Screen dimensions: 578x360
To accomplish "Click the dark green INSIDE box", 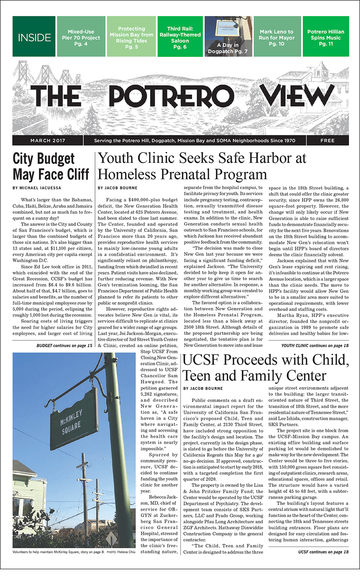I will pyautogui.click(x=34, y=37).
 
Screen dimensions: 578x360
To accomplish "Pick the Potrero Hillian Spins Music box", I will pyautogui.click(x=325, y=37).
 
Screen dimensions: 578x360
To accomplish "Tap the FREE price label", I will pyautogui.click(x=327, y=141).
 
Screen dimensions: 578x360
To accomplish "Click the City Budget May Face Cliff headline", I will pyautogui.click(x=50, y=166).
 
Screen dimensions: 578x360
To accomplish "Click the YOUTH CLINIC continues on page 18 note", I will pyautogui.click(x=315, y=346).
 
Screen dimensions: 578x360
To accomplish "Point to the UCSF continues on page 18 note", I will pyautogui.click(x=323, y=552).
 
